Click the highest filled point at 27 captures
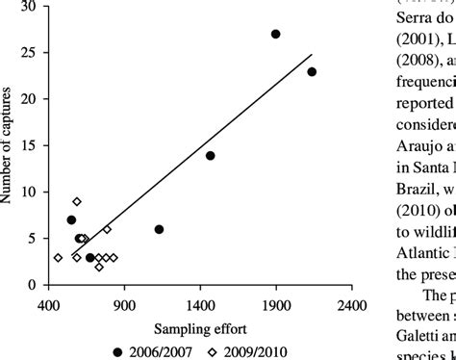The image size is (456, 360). pos(275,34)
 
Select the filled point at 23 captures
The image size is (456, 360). pos(312,71)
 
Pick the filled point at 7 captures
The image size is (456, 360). pos(71,219)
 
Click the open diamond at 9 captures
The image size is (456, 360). pos(77,201)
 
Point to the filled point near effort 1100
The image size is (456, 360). pos(159,229)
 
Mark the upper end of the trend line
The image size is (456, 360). pos(313,54)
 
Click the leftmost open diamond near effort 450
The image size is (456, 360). pos(58,257)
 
